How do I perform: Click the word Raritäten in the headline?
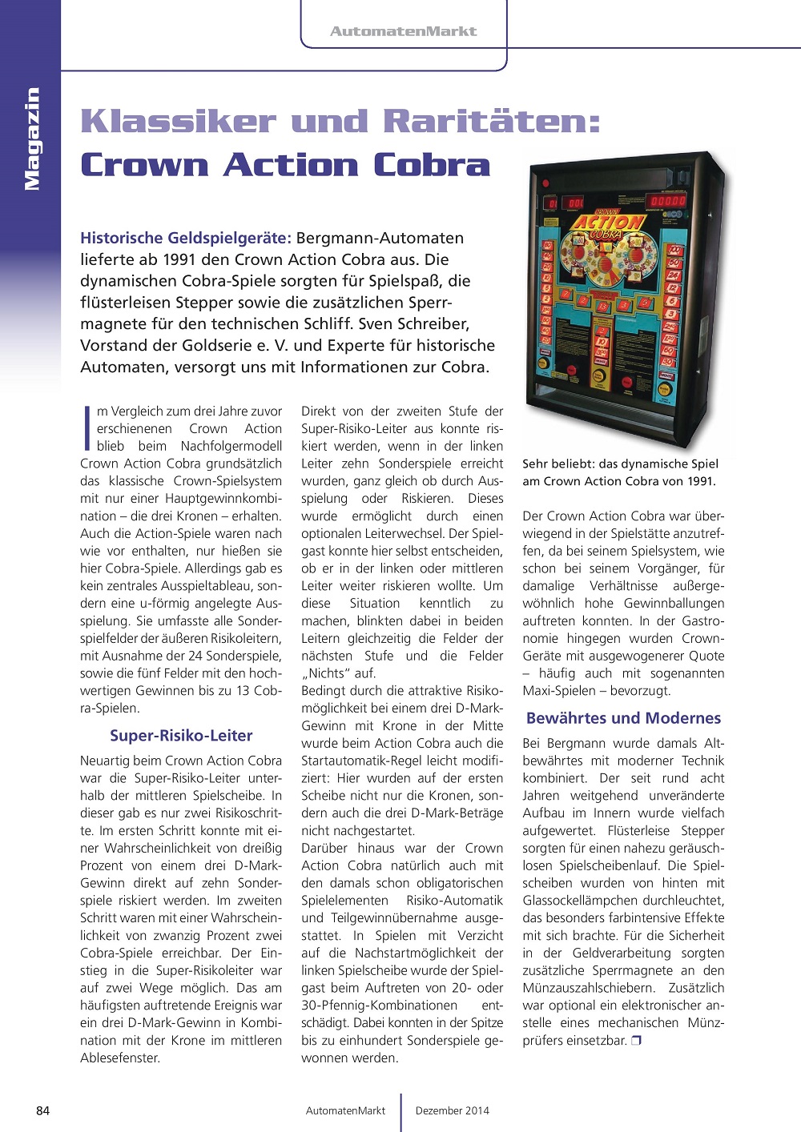[491, 122]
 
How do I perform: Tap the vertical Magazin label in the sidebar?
[31, 138]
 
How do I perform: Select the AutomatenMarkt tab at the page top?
[404, 31]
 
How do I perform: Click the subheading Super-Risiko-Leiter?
[181, 736]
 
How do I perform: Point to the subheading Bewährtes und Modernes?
[623, 718]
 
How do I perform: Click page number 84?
[43, 1110]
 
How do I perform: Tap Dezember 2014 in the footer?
[452, 1110]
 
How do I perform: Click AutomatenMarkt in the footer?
[345, 1110]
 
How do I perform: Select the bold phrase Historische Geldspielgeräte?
[186, 238]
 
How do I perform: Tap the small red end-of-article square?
[636, 1041]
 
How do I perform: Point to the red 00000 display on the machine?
[667, 201]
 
